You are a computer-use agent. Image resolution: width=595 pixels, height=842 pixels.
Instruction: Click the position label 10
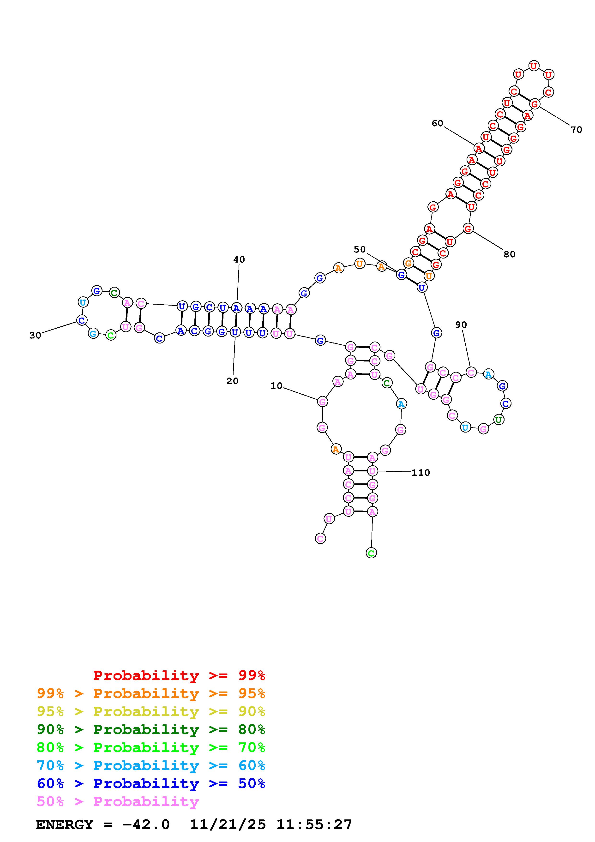click(x=276, y=386)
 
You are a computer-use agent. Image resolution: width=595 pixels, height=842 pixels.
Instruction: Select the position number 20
click(x=232, y=381)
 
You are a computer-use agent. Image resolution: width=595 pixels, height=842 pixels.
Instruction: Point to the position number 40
click(x=239, y=260)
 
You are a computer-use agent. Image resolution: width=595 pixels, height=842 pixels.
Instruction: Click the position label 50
click(x=360, y=249)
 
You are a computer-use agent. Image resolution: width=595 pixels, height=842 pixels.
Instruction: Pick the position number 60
click(x=437, y=123)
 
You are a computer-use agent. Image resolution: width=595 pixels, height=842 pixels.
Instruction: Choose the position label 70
click(x=576, y=129)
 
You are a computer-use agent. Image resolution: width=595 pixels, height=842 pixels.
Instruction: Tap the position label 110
click(x=421, y=473)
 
